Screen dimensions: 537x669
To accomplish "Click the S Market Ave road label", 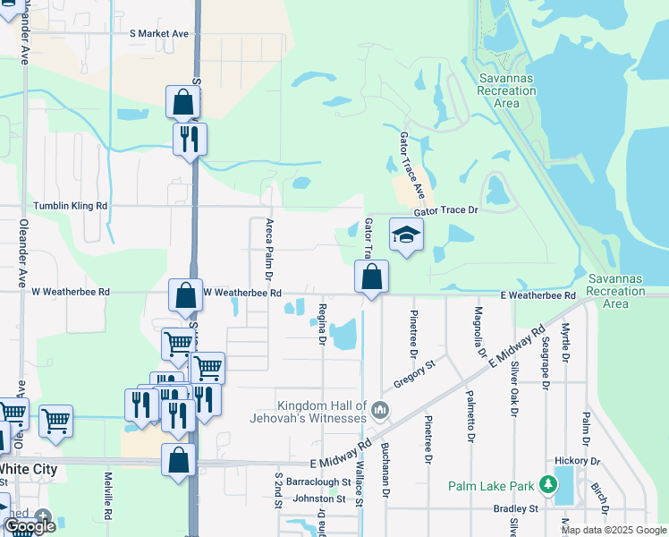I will pos(159,34).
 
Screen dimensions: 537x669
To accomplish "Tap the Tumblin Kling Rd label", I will pos(71,206).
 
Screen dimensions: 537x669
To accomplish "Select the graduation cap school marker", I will pos(406,235).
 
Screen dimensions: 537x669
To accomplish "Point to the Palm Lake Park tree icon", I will pos(548,485).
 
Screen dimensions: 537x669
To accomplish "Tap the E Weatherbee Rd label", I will pos(538,295).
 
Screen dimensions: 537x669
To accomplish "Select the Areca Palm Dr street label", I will pos(268,246).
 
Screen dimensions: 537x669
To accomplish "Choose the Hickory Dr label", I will pos(575,461).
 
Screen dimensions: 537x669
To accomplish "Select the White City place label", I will pos(29,469).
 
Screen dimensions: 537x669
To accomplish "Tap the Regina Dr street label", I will pos(321,323).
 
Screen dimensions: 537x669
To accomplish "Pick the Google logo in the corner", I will pos(29,526).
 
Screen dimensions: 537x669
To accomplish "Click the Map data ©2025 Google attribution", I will pos(614,530).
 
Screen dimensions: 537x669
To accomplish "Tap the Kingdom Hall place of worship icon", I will pos(380,412).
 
